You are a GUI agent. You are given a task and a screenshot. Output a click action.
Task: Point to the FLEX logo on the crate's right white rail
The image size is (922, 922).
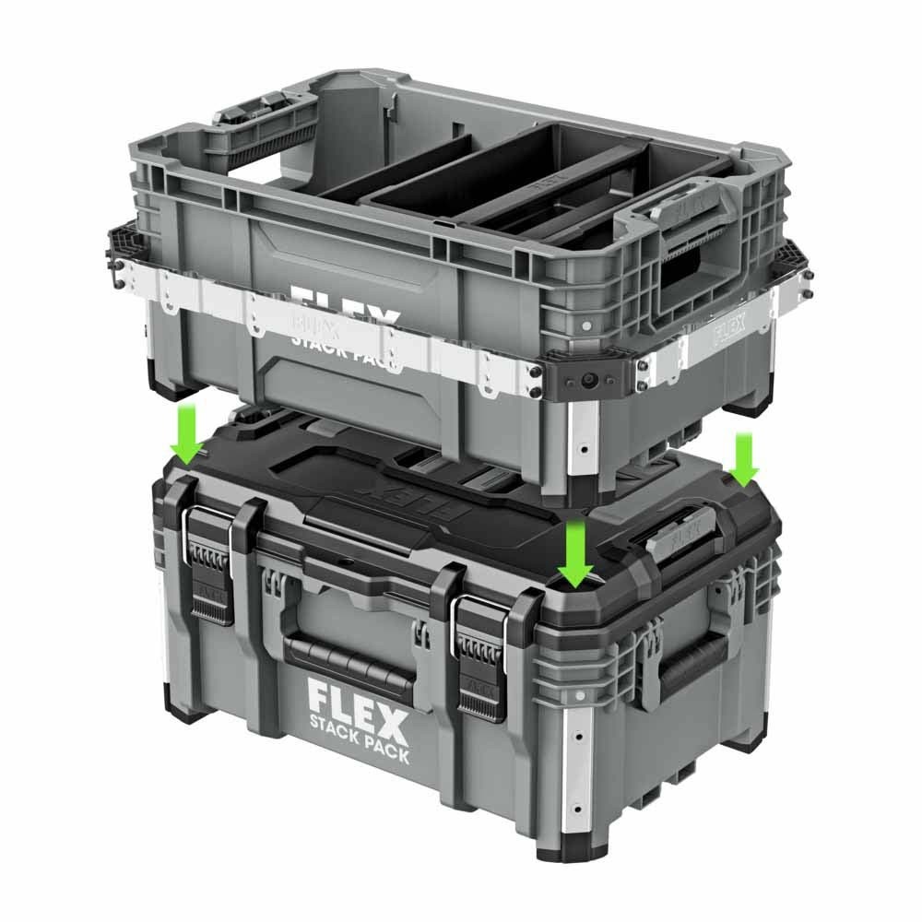pos(729,325)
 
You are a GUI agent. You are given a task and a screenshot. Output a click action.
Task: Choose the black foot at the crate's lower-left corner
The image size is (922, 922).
pos(160,379)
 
